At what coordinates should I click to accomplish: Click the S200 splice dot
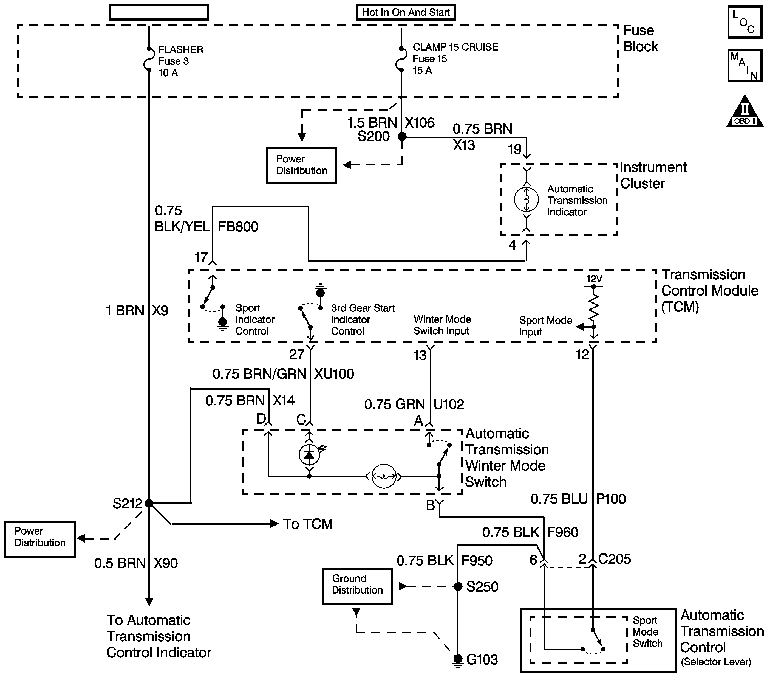(x=402, y=137)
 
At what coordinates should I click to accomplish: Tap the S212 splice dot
(x=149, y=503)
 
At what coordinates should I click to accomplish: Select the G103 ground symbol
(x=458, y=660)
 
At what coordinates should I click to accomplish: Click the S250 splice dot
(x=458, y=586)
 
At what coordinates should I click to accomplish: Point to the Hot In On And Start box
(x=406, y=12)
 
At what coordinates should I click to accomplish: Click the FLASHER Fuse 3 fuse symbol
(x=149, y=59)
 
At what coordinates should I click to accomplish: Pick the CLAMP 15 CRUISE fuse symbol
(x=401, y=59)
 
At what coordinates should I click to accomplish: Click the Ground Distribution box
(x=357, y=586)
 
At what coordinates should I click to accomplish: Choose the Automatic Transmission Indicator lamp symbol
(x=527, y=199)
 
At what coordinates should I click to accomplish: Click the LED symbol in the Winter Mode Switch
(x=309, y=455)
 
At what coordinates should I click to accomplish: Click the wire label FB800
(x=238, y=227)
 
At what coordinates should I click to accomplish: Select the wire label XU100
(x=334, y=374)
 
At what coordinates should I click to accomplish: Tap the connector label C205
(x=614, y=559)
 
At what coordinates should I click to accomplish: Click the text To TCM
(x=308, y=524)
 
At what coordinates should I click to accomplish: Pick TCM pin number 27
(x=296, y=355)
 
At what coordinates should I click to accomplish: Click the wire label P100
(x=611, y=499)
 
